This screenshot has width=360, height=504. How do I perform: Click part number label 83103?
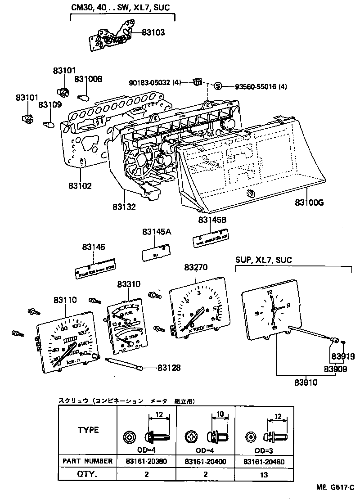[153, 32]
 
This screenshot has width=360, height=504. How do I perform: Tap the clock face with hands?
[271, 310]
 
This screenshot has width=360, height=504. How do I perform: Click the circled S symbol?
[218, 86]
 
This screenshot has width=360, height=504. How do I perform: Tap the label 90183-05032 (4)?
[155, 83]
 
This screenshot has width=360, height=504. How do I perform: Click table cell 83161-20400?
[206, 461]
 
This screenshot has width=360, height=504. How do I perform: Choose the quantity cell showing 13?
[265, 474]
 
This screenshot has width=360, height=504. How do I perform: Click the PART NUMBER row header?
[88, 461]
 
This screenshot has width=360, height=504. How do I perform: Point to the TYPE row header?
[88, 430]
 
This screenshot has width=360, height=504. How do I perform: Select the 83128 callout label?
[169, 368]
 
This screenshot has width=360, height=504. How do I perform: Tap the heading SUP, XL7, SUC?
[263, 260]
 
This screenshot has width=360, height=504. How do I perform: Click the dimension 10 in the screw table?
[220, 414]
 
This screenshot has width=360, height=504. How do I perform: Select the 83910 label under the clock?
[306, 383]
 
